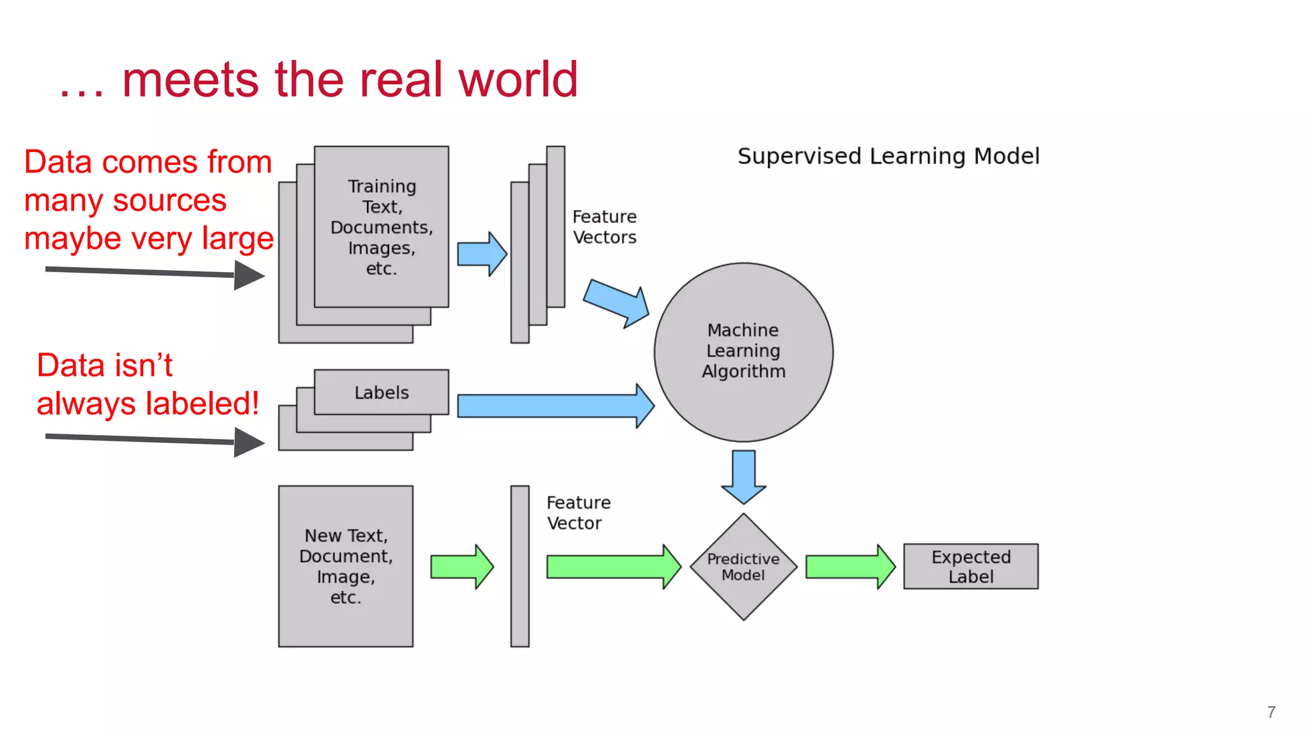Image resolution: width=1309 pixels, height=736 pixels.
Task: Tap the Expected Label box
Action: pos(970,567)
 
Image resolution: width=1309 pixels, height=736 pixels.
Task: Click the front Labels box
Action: pos(382,392)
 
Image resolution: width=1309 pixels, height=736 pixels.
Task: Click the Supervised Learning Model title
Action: pos(888,157)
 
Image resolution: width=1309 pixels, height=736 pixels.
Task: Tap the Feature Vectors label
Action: pos(604,227)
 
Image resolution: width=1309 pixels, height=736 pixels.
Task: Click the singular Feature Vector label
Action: pos(578,513)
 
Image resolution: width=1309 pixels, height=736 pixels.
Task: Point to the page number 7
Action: pos(1271,712)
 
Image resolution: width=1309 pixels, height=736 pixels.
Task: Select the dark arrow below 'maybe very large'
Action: pos(154,273)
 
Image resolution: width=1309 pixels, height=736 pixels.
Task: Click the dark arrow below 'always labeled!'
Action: pos(154,440)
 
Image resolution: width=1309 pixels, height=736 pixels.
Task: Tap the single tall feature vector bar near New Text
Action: pos(520,566)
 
